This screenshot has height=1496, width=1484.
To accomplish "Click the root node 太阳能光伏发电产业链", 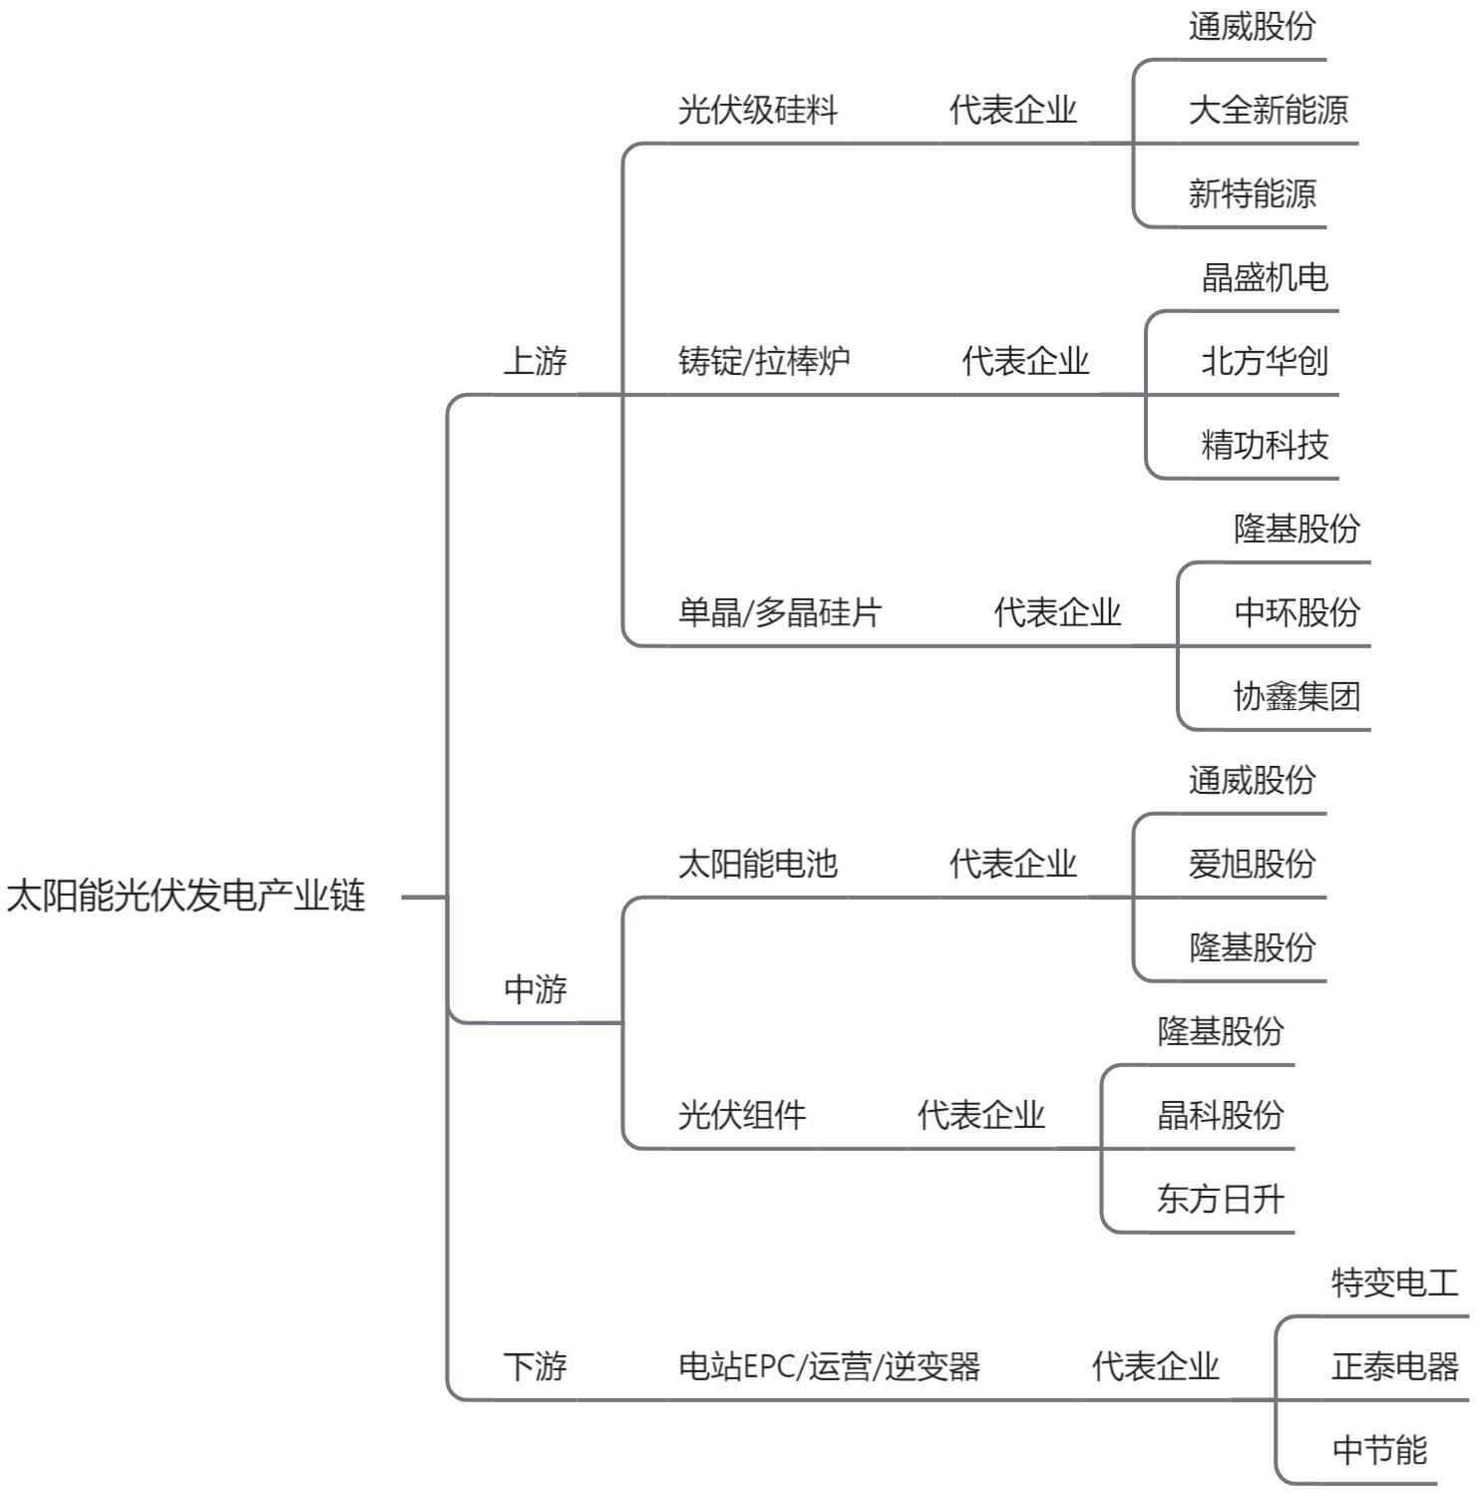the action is tap(186, 896).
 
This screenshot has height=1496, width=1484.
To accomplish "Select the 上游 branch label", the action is tap(536, 360).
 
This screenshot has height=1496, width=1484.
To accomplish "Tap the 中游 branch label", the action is tap(536, 989).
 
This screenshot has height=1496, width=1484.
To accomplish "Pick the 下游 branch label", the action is tap(536, 1365).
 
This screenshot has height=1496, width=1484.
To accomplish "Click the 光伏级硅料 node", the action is tap(758, 109).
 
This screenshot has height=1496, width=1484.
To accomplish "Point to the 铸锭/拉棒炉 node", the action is tap(765, 360).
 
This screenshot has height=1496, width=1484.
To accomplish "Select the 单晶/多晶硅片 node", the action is tap(780, 611).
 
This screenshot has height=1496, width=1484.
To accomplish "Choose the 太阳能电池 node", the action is tap(758, 863).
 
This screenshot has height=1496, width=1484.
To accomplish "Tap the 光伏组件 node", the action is tap(742, 1114).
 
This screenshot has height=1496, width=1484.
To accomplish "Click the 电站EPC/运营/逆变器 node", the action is tap(830, 1365).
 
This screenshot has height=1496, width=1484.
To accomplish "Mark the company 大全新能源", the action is tap(1269, 109).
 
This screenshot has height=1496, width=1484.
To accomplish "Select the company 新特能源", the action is tap(1253, 192).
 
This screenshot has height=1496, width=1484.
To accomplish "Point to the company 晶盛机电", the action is tap(1266, 276).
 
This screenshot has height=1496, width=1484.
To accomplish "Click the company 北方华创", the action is tap(1266, 360).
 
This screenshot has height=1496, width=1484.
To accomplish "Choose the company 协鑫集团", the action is tap(1298, 695).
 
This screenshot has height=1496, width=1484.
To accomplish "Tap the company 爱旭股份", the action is tap(1253, 863).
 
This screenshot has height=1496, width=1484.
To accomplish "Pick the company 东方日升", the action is tap(1221, 1198).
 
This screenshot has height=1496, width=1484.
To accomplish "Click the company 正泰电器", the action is tap(1395, 1365).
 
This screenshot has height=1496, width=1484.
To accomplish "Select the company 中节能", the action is tap(1379, 1449).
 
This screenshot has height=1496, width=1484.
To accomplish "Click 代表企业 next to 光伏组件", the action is tap(981, 1114).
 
